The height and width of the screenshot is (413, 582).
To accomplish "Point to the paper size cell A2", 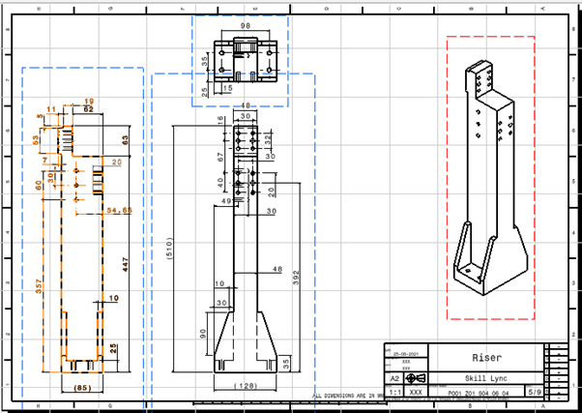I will pyautogui.click(x=393, y=379).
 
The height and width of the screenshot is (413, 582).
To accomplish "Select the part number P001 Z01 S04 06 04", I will pyautogui.click(x=478, y=394).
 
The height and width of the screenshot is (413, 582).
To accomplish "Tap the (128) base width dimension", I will pyautogui.click(x=247, y=387).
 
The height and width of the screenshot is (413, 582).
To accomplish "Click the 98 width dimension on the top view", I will pyautogui.click(x=245, y=26).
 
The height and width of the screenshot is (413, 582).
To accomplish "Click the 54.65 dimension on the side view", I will pyautogui.click(x=119, y=209).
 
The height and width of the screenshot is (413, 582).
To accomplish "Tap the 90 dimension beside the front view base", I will pyautogui.click(x=202, y=333).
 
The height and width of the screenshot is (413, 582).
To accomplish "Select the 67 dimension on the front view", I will pyautogui.click(x=220, y=156).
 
